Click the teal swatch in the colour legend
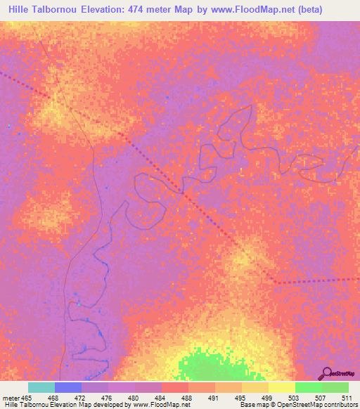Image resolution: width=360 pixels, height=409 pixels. [41, 387]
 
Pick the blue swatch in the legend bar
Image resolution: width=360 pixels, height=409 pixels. [68, 387]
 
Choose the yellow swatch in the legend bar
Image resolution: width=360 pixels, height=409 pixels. [281, 387]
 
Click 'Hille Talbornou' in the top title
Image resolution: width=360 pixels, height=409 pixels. [42, 11]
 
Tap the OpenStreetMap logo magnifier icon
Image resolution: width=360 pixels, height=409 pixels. [326, 372]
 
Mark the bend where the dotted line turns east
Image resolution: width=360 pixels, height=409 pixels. [276, 282]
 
